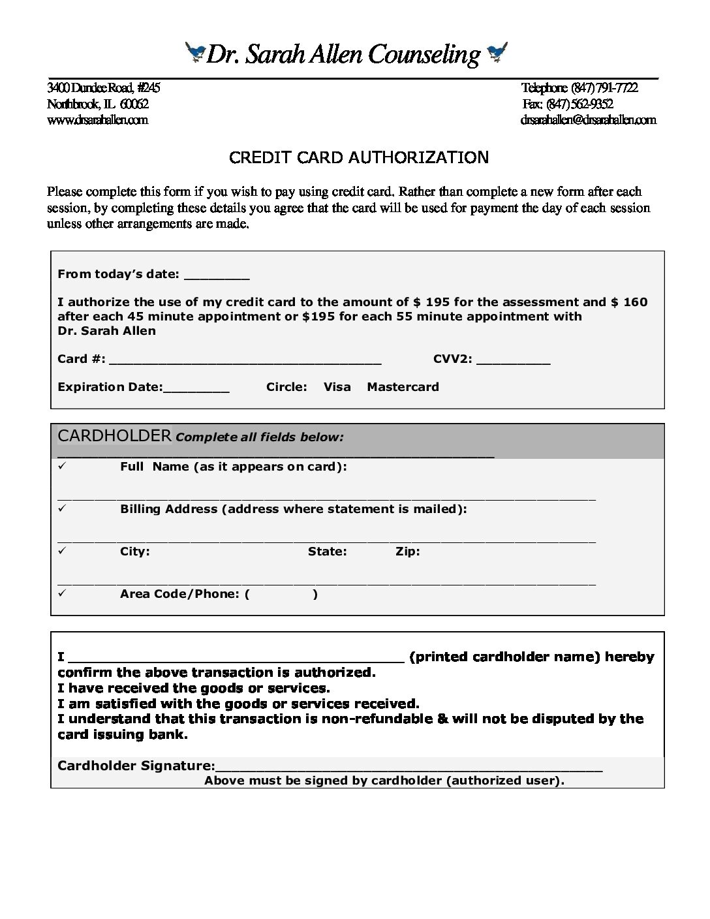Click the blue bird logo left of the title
coord(195,52)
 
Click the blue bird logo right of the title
coord(497,52)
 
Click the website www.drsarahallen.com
coord(97,119)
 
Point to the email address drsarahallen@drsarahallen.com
coord(588,119)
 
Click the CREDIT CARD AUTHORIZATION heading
coord(358,157)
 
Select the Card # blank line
coord(247,360)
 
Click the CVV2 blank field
coord(514,360)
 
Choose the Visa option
coord(337,386)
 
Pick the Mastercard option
coord(403,386)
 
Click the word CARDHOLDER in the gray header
coord(114,435)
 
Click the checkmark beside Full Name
coord(62,466)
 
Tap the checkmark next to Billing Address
coord(62,508)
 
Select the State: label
coord(327,552)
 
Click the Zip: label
coord(407,552)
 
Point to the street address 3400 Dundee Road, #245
coord(103,88)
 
